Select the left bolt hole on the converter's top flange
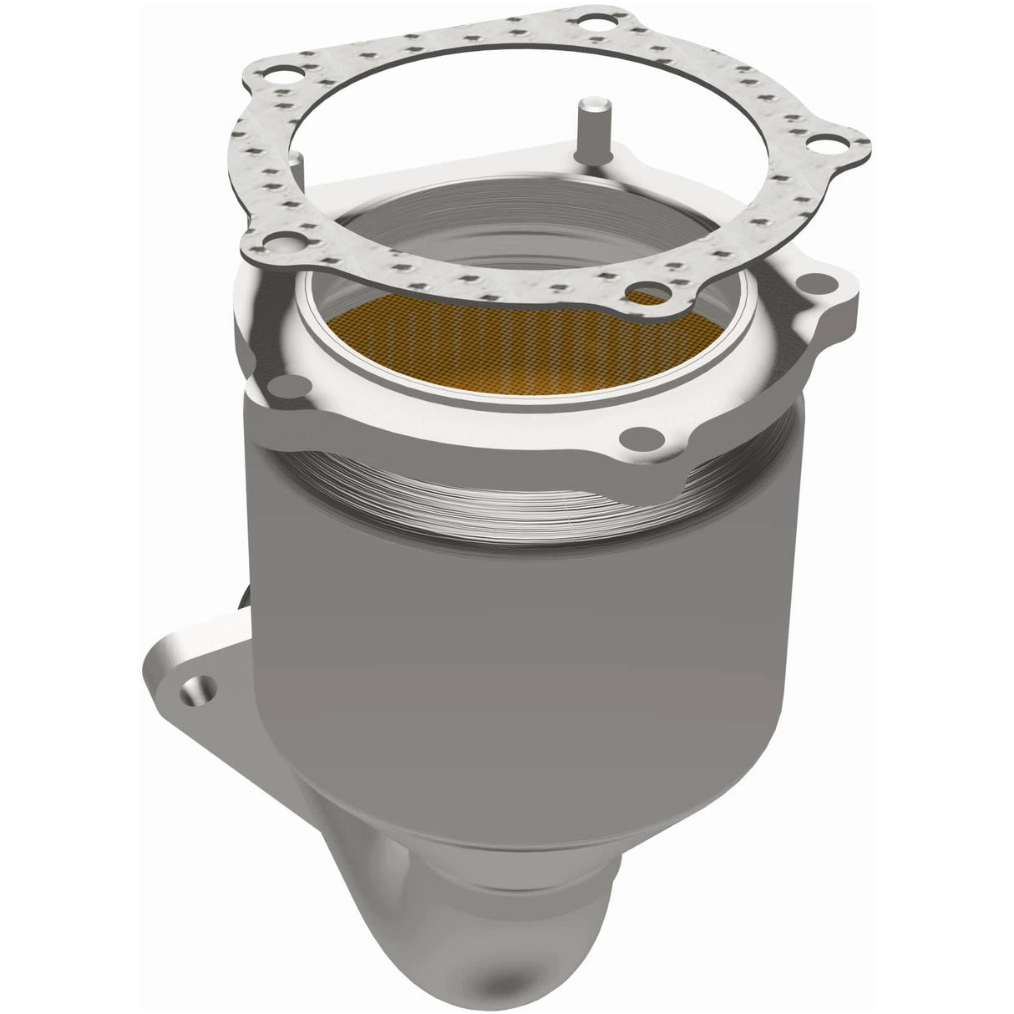[288, 383]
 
